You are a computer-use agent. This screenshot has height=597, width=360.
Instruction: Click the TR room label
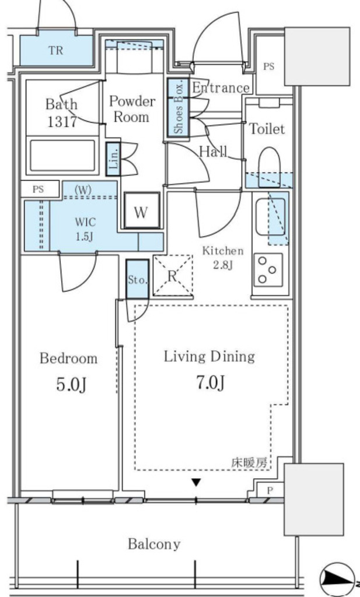click(55, 50)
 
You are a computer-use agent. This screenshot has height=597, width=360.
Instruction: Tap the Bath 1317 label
click(62, 113)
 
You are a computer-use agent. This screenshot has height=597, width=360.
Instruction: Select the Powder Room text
click(132, 109)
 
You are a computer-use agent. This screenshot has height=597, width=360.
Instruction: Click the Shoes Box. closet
click(179, 108)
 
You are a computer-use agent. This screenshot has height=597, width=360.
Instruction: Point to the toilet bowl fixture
click(270, 167)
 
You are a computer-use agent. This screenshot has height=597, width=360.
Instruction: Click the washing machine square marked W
click(141, 210)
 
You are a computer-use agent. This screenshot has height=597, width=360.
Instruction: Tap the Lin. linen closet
click(113, 159)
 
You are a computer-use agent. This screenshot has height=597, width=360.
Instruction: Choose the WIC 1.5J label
click(85, 229)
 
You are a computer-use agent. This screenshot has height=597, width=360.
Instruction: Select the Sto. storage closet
click(137, 279)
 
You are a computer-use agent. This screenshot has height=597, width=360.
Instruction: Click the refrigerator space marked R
click(173, 275)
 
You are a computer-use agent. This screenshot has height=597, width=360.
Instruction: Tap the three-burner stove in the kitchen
click(268, 270)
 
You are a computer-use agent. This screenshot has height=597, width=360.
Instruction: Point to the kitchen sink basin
click(271, 217)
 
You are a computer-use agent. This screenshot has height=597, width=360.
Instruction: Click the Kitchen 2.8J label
click(223, 258)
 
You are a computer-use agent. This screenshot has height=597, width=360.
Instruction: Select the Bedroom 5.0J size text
click(72, 385)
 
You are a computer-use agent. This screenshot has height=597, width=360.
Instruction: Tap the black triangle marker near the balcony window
click(196, 483)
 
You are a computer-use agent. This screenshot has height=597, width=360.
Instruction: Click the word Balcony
click(154, 544)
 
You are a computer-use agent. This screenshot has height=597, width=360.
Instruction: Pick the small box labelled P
click(270, 490)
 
